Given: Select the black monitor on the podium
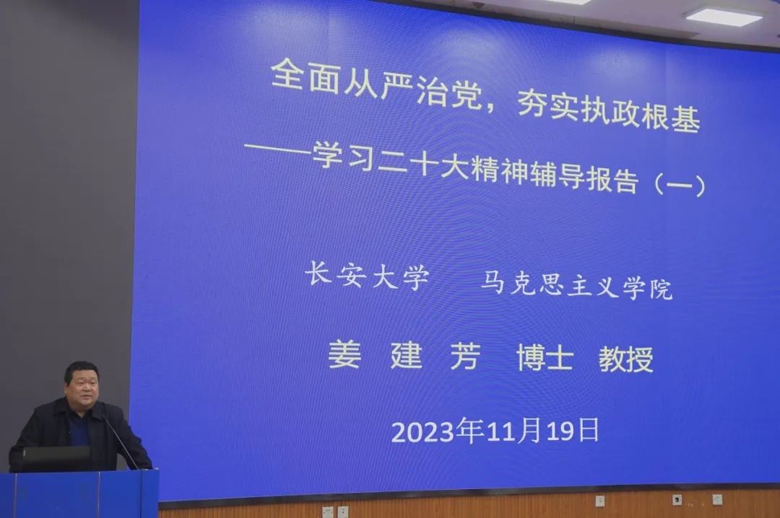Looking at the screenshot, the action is click(56, 458).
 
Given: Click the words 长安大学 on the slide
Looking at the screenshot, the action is click(367, 276).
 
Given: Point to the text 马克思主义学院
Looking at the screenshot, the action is click(576, 286).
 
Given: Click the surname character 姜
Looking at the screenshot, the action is click(344, 354).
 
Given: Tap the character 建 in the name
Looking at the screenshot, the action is click(407, 355).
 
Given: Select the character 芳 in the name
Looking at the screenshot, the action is click(465, 356).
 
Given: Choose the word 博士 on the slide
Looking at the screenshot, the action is click(545, 357).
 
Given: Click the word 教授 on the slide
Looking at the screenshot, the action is click(625, 359).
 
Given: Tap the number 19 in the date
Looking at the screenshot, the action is click(560, 431).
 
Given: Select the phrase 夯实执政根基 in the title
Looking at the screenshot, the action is click(609, 113).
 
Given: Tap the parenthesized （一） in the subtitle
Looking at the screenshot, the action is click(680, 185).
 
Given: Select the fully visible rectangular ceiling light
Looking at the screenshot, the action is click(724, 15).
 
